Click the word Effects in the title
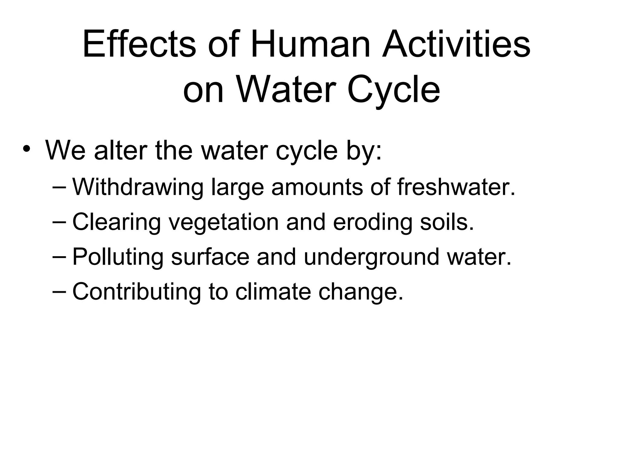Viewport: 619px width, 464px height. (139, 44)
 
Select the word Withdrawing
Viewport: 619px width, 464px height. (138, 187)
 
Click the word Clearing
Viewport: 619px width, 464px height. (116, 222)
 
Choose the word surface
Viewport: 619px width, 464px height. (210, 257)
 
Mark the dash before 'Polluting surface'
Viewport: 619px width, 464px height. (60, 257)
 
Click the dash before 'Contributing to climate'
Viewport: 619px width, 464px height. (60, 292)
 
